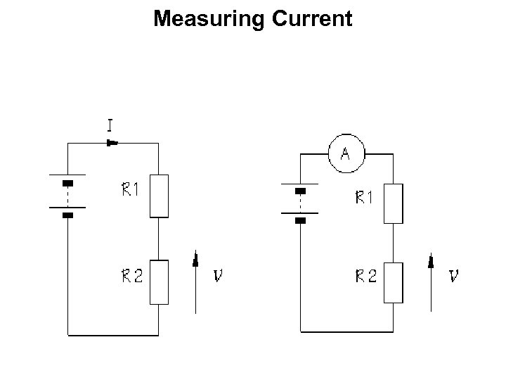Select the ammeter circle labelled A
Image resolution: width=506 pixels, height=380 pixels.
click(345, 153)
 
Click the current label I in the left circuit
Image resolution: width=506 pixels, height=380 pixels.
click(110, 126)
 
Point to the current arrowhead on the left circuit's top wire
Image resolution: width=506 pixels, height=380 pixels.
click(112, 143)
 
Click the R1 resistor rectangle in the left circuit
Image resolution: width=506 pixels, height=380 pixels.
click(160, 196)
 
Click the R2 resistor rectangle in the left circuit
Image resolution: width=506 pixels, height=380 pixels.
click(160, 281)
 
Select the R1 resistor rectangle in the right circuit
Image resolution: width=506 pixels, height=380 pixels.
click(394, 203)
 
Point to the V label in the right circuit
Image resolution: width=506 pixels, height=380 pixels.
click(454, 277)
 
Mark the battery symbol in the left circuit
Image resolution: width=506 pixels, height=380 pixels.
click(67, 196)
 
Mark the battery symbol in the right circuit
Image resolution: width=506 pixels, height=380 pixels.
click(301, 204)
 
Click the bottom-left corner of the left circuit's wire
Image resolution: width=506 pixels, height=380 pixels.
click(67, 334)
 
